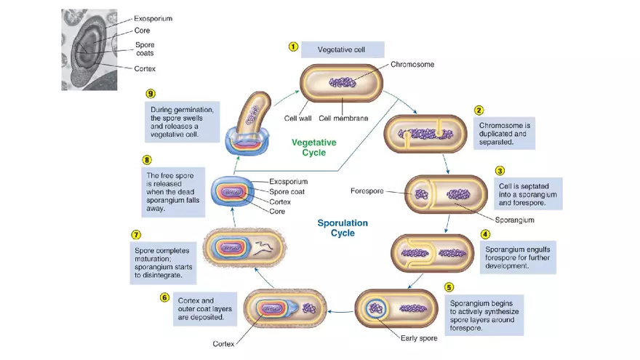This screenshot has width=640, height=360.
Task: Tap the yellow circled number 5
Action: (x=449, y=287)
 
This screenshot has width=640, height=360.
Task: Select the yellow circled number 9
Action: (x=151, y=94)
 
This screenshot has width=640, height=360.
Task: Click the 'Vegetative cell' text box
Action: (x=341, y=49)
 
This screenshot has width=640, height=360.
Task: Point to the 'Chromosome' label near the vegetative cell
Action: (x=412, y=64)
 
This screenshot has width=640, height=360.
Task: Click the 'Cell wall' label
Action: (x=298, y=118)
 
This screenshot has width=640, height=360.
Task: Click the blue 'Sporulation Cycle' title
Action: (x=343, y=228)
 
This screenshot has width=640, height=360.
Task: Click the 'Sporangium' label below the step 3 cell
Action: (x=515, y=219)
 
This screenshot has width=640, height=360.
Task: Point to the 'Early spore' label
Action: (x=419, y=337)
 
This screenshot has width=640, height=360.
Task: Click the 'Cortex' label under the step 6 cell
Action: (x=223, y=343)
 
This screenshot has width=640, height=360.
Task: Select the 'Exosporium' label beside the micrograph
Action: (x=153, y=17)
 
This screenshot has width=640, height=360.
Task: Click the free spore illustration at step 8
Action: (x=233, y=192)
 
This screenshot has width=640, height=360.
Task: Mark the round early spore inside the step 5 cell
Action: (x=376, y=307)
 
